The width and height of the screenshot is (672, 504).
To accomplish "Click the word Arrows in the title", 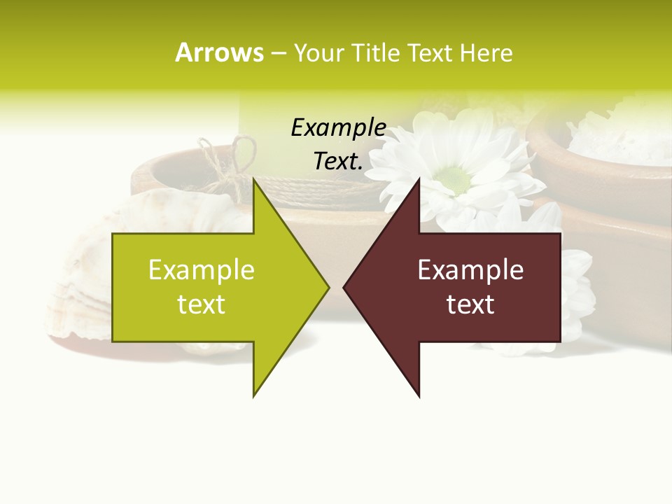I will [219, 52].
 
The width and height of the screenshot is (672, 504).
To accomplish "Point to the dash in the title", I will [278, 53].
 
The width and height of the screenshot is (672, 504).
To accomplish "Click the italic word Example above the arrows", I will [338, 128].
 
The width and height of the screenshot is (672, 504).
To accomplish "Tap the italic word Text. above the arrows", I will [338, 162].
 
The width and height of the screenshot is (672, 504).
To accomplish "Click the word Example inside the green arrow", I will [202, 270].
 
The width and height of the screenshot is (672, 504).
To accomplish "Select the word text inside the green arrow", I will [202, 304].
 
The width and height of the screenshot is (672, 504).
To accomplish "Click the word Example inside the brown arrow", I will [470, 270].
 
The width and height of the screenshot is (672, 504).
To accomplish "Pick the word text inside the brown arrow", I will [470, 304].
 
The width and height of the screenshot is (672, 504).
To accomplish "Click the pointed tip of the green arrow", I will [328, 287].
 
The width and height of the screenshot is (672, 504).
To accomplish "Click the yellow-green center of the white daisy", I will [456, 179].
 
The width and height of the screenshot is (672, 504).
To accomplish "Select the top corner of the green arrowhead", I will [254, 180].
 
